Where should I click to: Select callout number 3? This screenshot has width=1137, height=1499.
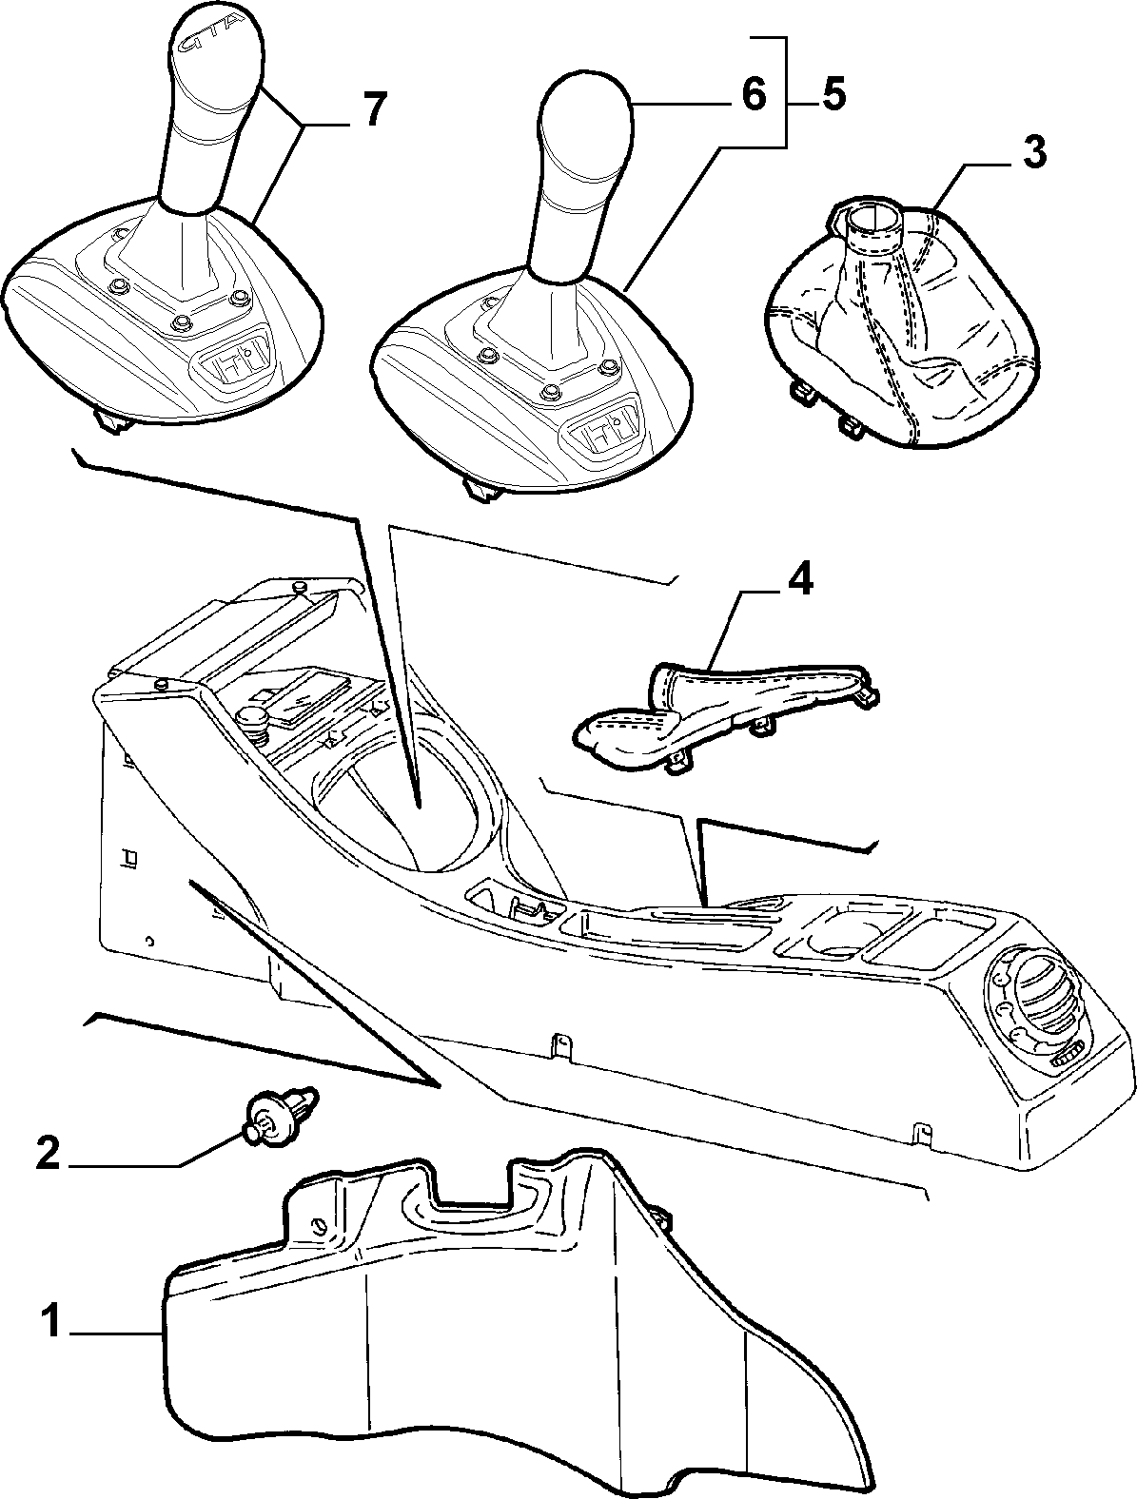1034,152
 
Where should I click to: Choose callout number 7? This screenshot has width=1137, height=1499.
373,108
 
